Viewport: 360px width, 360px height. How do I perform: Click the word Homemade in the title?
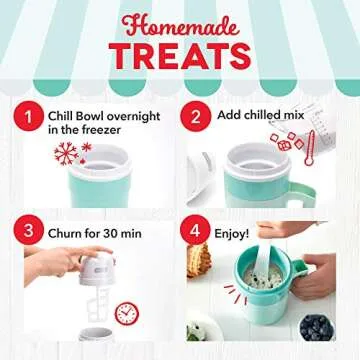click(180, 21)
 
